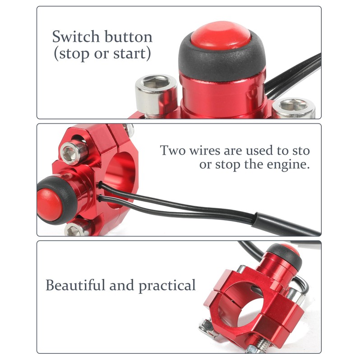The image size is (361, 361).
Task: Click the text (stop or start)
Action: [x=102, y=54]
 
